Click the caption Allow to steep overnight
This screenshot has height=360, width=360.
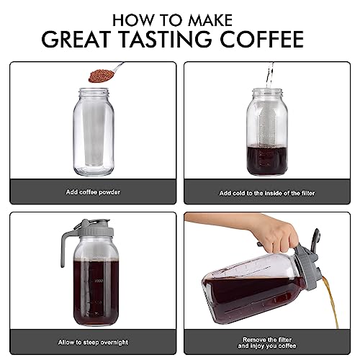click(92, 342)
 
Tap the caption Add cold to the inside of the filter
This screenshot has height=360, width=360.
click(267, 193)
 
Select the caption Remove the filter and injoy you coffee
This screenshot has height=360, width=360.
click(267, 342)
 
